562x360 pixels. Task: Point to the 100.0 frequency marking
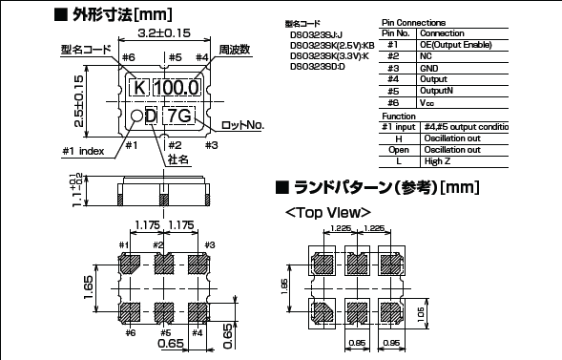pos(177,88)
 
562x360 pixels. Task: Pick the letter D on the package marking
pos(150,116)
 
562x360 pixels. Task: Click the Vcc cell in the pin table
pos(428,101)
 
